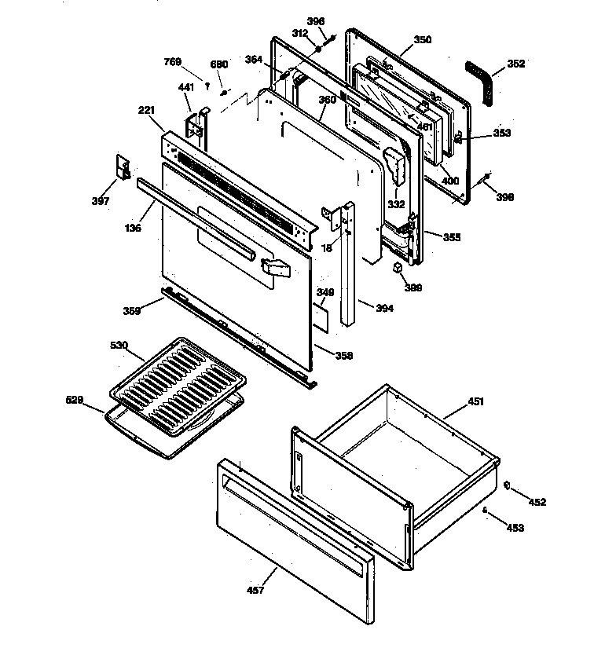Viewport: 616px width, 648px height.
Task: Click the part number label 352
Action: pos(515,64)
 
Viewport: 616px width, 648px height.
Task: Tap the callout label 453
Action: pos(515,528)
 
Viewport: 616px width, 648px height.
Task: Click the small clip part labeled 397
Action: pos(123,167)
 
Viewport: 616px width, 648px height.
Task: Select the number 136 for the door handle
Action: pos(134,229)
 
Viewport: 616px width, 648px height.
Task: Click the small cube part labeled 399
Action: pos(398,268)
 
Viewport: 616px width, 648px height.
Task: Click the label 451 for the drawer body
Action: pos(477,401)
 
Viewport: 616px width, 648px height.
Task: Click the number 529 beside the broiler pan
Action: pos(74,401)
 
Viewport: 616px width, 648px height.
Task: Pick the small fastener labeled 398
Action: pos(488,176)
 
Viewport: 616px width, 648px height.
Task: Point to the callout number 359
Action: pos(131,311)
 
